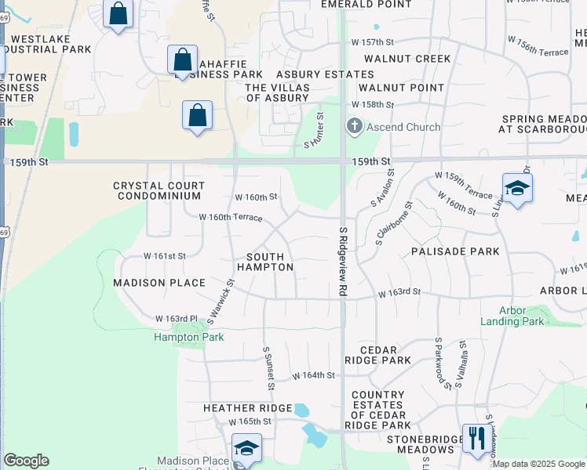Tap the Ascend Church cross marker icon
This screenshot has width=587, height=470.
(355, 127)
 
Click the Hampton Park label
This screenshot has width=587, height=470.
(188, 337)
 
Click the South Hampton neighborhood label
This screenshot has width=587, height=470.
(270, 262)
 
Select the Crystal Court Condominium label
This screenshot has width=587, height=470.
(159, 190)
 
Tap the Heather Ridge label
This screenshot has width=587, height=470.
(247, 407)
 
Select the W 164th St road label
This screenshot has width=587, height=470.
(314, 376)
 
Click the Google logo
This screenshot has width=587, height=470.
(26, 461)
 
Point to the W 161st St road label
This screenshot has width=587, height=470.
(164, 256)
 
